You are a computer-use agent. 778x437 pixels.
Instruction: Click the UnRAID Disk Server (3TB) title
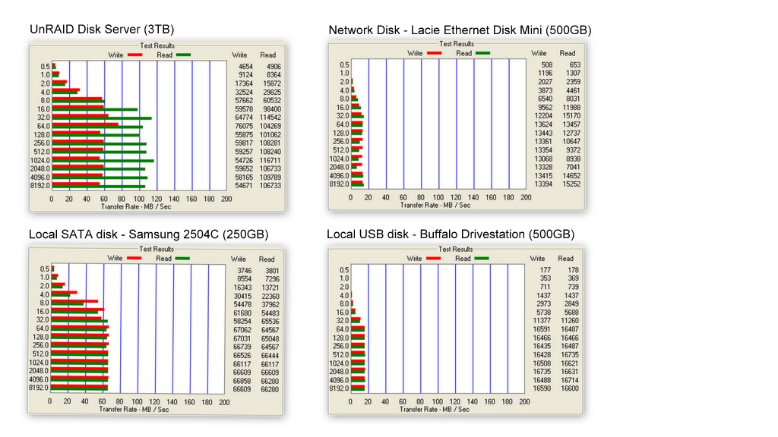click(x=102, y=30)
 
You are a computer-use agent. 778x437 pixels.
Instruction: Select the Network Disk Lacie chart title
click(x=460, y=30)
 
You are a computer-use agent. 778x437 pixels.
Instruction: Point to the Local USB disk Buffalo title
click(x=451, y=234)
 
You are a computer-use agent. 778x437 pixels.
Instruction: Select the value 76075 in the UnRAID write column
click(x=240, y=126)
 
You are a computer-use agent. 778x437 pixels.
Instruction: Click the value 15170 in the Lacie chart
click(x=568, y=116)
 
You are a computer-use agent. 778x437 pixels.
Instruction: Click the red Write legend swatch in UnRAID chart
click(x=134, y=55)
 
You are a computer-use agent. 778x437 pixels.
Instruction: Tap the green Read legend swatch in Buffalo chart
click(x=482, y=259)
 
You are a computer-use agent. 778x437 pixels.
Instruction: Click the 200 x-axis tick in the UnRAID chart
click(x=226, y=199)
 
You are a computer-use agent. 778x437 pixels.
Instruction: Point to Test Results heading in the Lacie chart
click(x=456, y=45)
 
